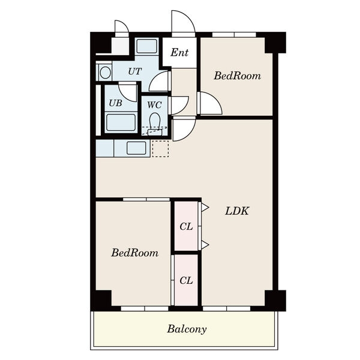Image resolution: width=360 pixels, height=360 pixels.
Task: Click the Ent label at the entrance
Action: (179, 53)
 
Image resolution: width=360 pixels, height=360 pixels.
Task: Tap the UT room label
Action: (135, 71)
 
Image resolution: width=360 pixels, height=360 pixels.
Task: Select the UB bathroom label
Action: (115, 103)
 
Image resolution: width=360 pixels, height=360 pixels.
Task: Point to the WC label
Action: (154, 105)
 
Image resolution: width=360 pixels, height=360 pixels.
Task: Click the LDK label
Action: (237, 211)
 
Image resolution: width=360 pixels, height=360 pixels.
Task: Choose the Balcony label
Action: (187, 329)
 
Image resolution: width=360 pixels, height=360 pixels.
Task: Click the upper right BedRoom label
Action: (238, 76)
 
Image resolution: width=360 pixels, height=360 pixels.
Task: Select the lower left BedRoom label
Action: (135, 253)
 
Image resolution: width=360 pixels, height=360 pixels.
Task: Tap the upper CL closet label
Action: (186, 227)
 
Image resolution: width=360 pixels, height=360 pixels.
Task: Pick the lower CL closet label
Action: (186, 281)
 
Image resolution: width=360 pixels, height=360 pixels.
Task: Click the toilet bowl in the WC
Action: (155, 121)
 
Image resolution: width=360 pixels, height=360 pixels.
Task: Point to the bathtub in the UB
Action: (121, 122)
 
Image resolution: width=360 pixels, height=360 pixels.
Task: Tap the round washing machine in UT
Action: (106, 73)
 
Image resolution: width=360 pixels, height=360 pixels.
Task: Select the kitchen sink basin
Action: (136, 148)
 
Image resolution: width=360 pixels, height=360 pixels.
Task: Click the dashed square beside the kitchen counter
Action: (160, 149)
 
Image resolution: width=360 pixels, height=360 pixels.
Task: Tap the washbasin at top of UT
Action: (147, 46)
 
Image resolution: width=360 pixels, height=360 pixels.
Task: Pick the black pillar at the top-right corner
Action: (275, 43)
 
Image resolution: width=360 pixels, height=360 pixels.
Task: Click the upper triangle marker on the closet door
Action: (205, 208)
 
